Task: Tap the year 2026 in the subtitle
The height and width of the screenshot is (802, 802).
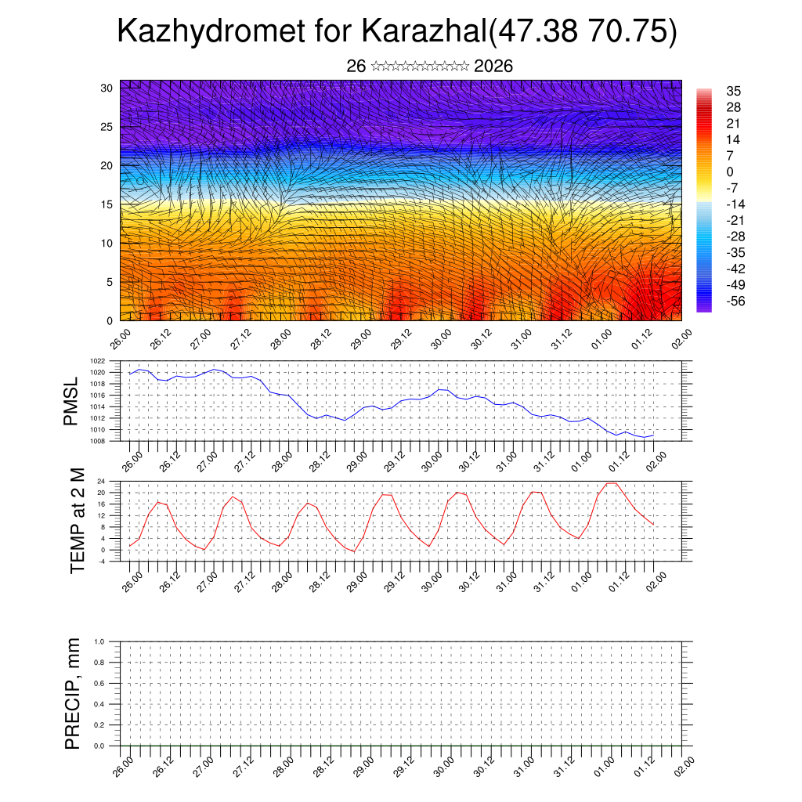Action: point(493,66)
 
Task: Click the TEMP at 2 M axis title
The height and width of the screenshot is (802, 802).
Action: point(77,520)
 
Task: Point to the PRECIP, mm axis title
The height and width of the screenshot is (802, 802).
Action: point(73,694)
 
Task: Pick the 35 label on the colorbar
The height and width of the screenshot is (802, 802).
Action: point(734,91)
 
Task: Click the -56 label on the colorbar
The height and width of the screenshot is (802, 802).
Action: point(735,301)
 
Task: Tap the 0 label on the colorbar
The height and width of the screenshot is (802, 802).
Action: point(730,172)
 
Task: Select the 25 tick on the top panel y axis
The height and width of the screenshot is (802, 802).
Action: point(107,127)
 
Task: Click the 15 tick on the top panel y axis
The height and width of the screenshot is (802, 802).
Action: point(107,204)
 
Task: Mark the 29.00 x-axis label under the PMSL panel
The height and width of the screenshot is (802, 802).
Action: point(359,459)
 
